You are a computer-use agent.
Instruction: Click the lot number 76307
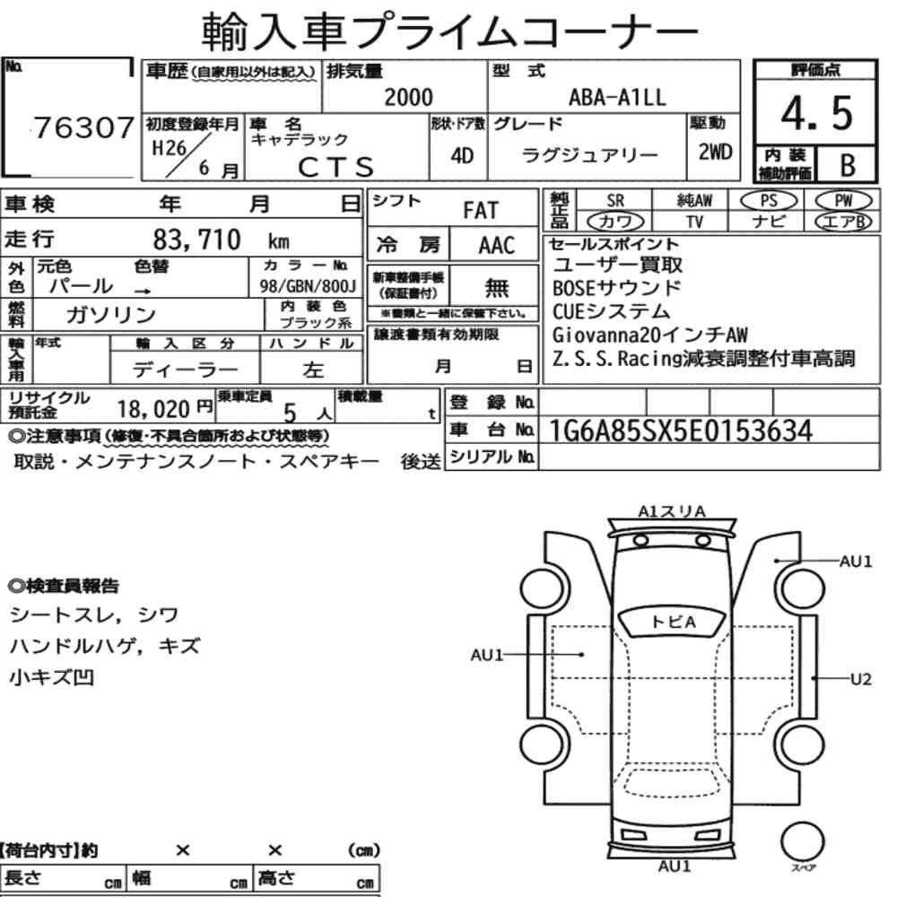pos(83,127)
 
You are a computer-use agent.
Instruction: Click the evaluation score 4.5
pos(816,113)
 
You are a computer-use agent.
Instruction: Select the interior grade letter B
pos(848,165)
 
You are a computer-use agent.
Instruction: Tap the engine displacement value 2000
pos(408,97)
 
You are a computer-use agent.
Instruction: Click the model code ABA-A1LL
pos(617,97)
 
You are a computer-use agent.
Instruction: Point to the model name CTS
pos(335,167)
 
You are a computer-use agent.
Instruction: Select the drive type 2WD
pos(715,152)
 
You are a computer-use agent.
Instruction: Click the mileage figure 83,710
pos(196,239)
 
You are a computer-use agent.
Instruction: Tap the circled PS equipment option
pos(769,200)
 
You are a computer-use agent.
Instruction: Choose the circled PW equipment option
pos(843,200)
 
